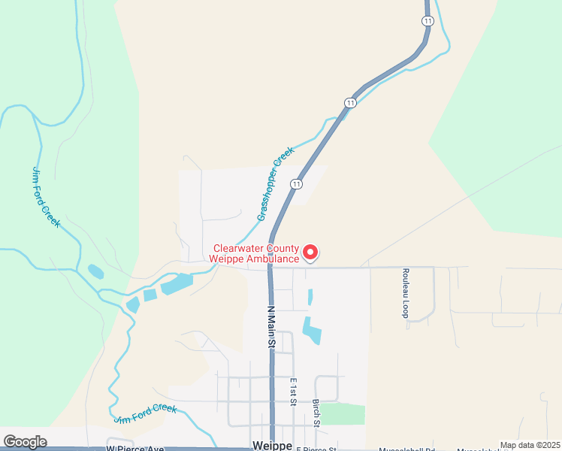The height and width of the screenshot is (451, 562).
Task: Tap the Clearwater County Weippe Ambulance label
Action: [x=256, y=253]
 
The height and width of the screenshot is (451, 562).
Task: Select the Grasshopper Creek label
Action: [x=275, y=185]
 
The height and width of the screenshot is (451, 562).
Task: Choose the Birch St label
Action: [x=317, y=413]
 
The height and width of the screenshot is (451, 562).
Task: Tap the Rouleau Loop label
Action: [x=405, y=293]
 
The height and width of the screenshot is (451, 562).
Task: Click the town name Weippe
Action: [x=273, y=446]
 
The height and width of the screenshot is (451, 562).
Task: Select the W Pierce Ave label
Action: [x=134, y=449]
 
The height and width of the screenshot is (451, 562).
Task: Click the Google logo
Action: [x=25, y=442]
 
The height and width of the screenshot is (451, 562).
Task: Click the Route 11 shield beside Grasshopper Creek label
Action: [x=298, y=183]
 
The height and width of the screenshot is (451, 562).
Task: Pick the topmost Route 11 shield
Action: [x=428, y=21]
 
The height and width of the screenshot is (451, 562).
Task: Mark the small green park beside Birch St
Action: [x=342, y=413]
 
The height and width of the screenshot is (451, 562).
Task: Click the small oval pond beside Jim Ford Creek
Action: [x=95, y=271]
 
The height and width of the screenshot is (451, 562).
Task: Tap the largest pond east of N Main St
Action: [x=311, y=330]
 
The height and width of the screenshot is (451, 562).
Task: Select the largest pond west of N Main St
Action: [x=177, y=283]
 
